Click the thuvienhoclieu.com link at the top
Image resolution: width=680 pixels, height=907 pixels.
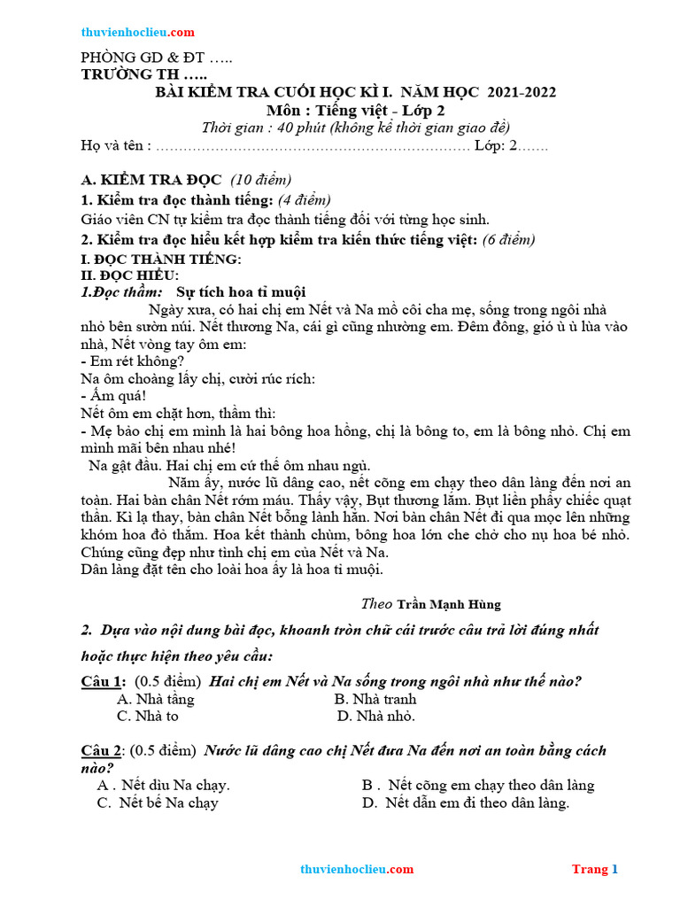137,32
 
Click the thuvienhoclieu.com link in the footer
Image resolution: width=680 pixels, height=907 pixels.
357,869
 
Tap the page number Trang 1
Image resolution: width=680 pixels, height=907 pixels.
594,869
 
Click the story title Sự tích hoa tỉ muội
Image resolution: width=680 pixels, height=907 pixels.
241,291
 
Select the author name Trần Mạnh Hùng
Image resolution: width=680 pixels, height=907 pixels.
448,604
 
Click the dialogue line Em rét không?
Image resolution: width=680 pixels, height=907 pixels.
133,360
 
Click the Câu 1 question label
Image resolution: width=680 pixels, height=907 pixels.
102,681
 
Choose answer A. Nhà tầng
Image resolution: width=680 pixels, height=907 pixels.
155,699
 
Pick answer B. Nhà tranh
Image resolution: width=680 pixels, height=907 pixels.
375,699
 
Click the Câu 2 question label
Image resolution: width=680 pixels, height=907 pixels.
102,750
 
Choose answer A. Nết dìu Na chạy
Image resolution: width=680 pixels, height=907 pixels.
163,785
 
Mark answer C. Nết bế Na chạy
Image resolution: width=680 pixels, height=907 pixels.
158,802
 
